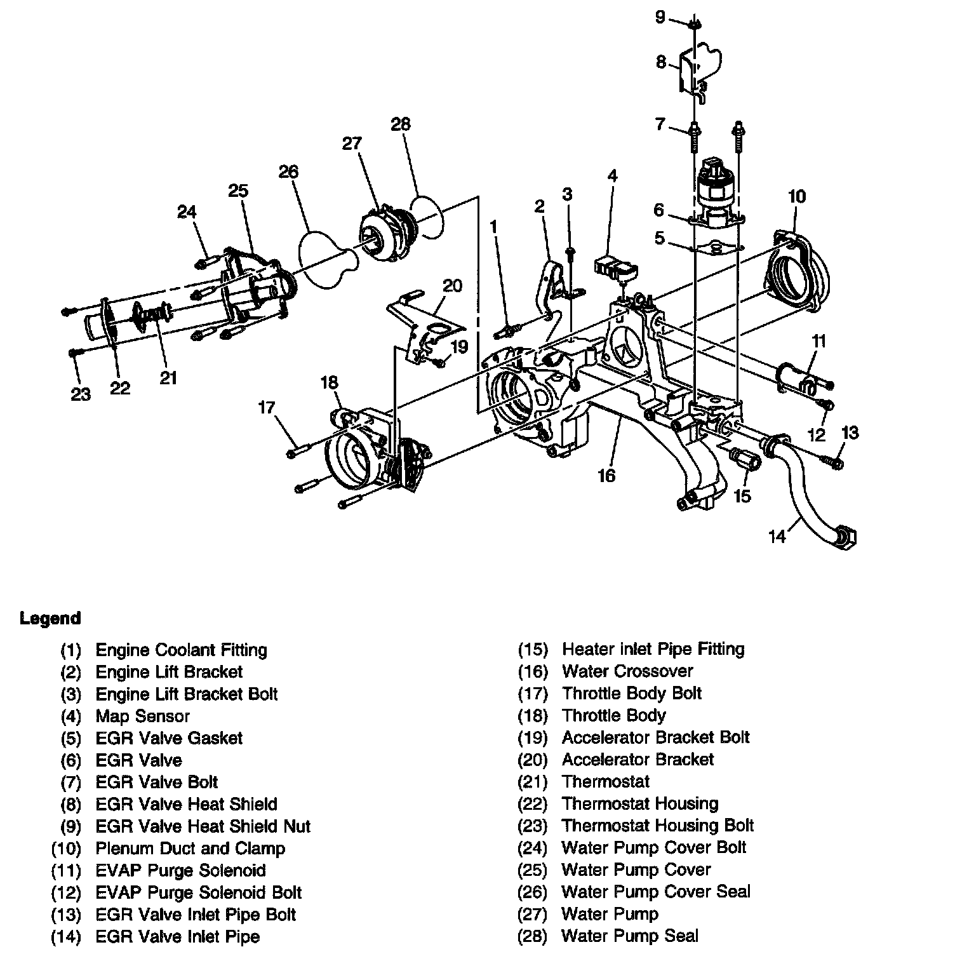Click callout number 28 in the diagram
pyautogui.click(x=401, y=124)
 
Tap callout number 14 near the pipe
pyautogui.click(x=777, y=537)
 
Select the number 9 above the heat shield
pyautogui.click(x=660, y=17)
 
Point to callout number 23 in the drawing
pyautogui.click(x=81, y=394)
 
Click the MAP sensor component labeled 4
pyautogui.click(x=615, y=266)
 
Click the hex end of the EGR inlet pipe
pyautogui.click(x=847, y=539)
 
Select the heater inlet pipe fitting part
pyautogui.click(x=744, y=458)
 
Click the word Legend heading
pyautogui.click(x=50, y=618)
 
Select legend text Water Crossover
pyautogui.click(x=627, y=671)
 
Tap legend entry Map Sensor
pyautogui.click(x=142, y=716)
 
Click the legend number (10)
pyautogui.click(x=66, y=849)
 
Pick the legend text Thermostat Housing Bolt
pyautogui.click(x=657, y=826)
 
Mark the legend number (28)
pyautogui.click(x=532, y=936)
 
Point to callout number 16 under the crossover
pyautogui.click(x=606, y=475)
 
